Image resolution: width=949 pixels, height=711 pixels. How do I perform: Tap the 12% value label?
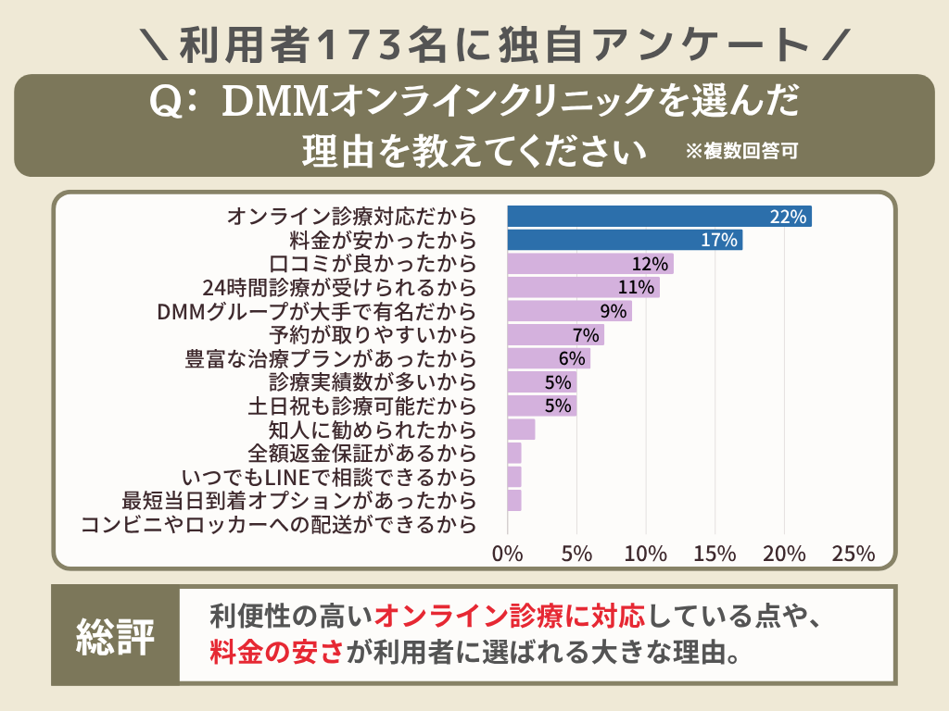point(650,264)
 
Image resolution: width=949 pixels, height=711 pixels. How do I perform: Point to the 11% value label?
point(637,288)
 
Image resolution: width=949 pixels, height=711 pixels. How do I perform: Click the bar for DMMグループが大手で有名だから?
point(569,311)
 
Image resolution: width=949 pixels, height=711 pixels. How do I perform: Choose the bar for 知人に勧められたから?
point(521,430)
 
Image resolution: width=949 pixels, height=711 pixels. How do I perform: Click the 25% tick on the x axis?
point(854,554)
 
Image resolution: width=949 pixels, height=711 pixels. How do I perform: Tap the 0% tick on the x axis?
point(508,554)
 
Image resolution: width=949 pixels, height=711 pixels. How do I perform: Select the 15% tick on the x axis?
point(715,554)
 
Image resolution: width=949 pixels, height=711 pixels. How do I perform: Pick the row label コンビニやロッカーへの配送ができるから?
point(279,525)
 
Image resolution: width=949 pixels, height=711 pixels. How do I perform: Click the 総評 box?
point(115,636)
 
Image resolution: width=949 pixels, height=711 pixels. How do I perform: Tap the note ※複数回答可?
point(741,151)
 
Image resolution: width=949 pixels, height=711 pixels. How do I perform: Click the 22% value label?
point(790,218)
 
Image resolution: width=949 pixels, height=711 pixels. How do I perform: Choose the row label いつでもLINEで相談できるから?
point(329,478)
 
